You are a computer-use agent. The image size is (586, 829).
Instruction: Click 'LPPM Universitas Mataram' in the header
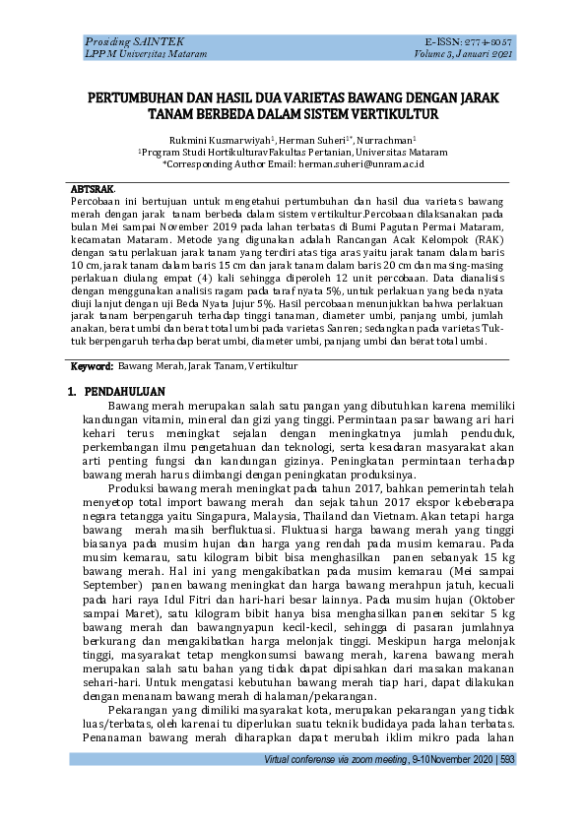coord(146,54)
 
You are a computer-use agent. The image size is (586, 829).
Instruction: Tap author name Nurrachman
coord(387,141)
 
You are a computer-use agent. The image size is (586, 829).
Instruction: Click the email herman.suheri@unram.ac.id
coord(360,164)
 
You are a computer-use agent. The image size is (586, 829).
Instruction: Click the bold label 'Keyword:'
coord(92,366)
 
